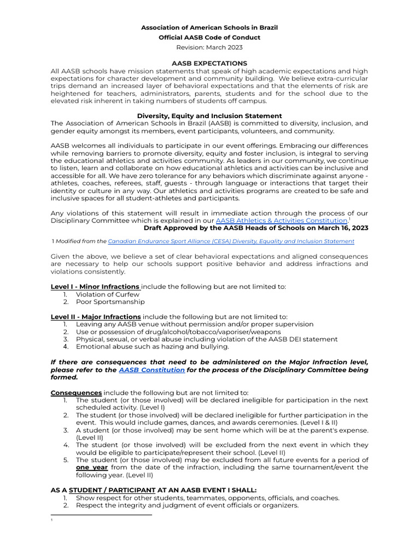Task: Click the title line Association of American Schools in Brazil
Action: point(209,27)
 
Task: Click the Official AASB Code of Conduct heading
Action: point(209,37)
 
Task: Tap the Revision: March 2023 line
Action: point(209,47)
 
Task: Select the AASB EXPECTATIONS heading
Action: point(209,63)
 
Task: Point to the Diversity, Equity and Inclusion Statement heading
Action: point(209,116)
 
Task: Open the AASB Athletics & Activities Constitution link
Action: point(282,220)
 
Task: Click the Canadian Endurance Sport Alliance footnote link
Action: point(231,241)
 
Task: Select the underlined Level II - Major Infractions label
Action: point(96,317)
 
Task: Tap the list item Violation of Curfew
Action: point(107,294)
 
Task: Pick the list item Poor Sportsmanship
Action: point(110,302)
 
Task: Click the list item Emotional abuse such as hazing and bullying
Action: point(153,347)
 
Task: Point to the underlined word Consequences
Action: point(76,393)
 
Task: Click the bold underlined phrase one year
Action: point(91,468)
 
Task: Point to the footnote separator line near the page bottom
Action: point(101,515)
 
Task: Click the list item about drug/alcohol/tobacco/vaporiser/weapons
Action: point(178,332)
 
